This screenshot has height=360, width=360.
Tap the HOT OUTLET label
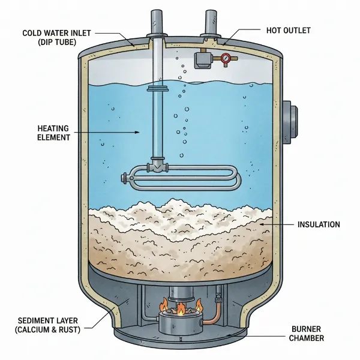tap(289, 29)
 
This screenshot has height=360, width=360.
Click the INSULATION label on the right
tap(319, 224)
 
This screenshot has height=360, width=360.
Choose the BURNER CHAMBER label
tap(309, 334)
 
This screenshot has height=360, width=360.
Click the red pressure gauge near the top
tap(226, 59)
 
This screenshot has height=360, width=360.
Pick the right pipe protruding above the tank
tap(212, 23)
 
